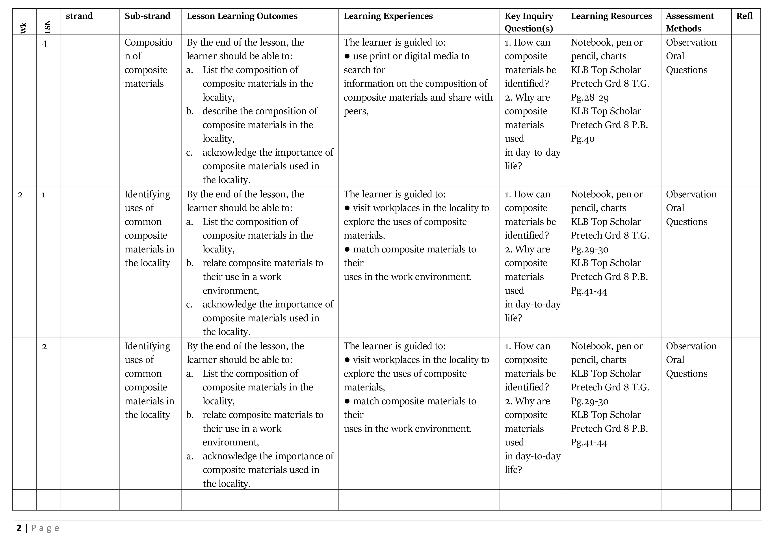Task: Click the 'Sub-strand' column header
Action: pos(147,16)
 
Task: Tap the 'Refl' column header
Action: pos(744,16)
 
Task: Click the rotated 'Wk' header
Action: pos(23,28)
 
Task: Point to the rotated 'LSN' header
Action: pos(47,27)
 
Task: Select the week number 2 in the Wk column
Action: pos(20,195)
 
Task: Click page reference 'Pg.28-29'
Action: pos(589,97)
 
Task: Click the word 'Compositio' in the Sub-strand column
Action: pos(148,42)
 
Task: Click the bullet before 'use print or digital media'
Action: pos(347,56)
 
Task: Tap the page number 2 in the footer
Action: pos(19,528)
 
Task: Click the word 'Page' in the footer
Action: pos(45,528)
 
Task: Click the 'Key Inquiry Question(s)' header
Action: pos(529,22)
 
